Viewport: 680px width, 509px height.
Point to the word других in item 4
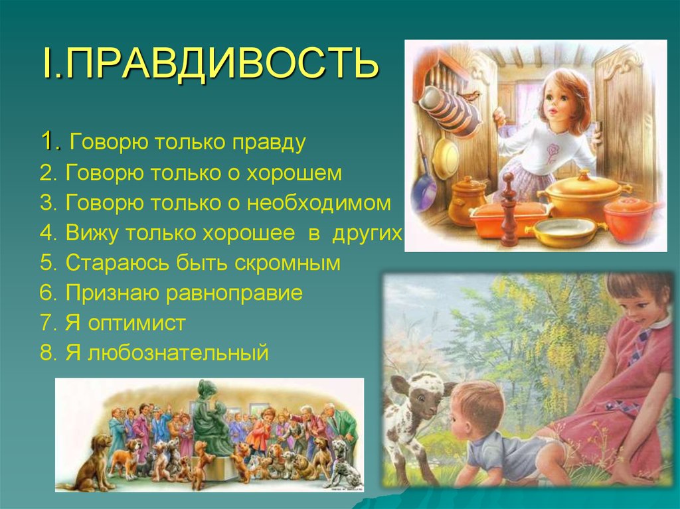pos(372,233)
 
